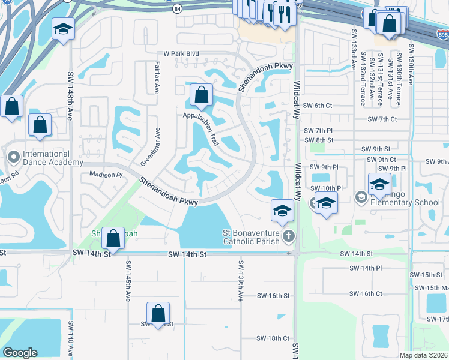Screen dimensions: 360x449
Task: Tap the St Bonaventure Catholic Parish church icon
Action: [x=289, y=236]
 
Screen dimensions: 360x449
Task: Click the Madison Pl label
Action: [x=106, y=175]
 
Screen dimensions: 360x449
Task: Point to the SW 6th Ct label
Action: [x=318, y=106]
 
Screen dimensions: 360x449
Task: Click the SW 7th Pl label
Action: [x=318, y=130]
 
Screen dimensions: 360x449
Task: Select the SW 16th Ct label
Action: [x=365, y=293]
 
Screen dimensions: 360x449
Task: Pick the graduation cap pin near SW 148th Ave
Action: [x=63, y=29]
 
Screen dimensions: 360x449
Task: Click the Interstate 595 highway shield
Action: [x=442, y=35]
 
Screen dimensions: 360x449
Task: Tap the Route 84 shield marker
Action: [x=176, y=9]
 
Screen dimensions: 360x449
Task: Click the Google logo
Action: [x=20, y=353]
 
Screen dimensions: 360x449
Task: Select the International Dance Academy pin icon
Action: [x=13, y=157]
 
